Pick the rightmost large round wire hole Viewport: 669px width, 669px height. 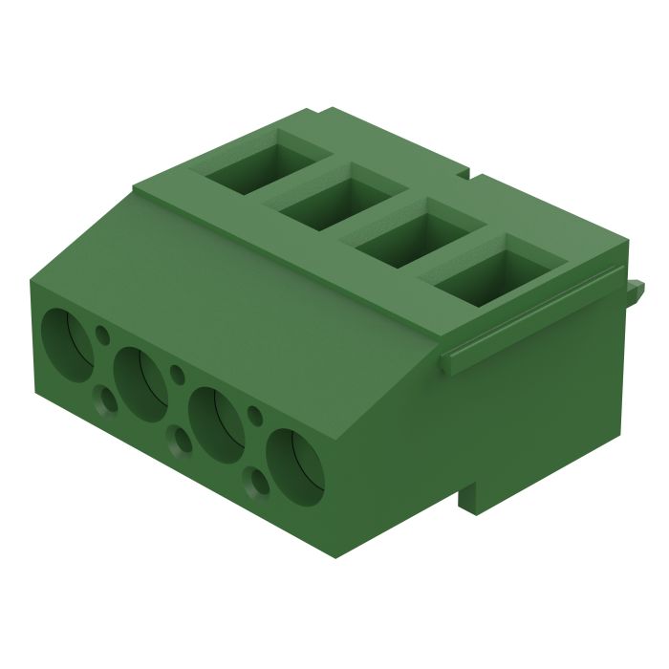click(x=294, y=465)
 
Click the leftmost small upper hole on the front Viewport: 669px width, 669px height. click(x=101, y=334)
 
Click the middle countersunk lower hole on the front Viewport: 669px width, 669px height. click(x=178, y=441)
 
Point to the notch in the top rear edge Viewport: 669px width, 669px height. click(x=466, y=175)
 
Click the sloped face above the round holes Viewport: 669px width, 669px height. click(x=239, y=287)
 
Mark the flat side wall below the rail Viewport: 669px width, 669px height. click(x=535, y=401)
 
